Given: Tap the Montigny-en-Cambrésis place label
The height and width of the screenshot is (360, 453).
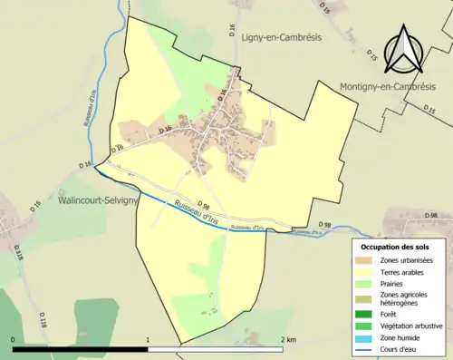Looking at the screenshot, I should point(393,86).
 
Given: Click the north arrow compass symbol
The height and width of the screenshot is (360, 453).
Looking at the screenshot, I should point(404,50).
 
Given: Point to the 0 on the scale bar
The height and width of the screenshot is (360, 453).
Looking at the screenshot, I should point(14,340).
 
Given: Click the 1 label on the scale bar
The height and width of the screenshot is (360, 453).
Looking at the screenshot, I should point(148,340).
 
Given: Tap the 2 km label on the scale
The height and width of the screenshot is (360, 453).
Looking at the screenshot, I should point(287,340).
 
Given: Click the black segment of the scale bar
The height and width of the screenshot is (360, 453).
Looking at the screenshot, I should point(80,348).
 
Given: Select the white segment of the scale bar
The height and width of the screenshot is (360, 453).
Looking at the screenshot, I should point(215,348).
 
